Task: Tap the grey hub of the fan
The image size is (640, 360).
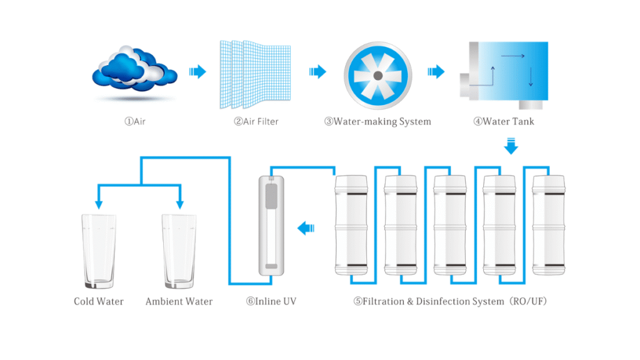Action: click(x=377, y=75)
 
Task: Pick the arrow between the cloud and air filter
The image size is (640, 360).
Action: click(x=197, y=72)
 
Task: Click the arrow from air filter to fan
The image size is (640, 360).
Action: click(x=317, y=72)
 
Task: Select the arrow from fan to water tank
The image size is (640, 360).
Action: click(x=436, y=72)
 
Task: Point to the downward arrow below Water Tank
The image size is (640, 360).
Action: click(x=511, y=147)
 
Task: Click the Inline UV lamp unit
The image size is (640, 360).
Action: click(x=271, y=226)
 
